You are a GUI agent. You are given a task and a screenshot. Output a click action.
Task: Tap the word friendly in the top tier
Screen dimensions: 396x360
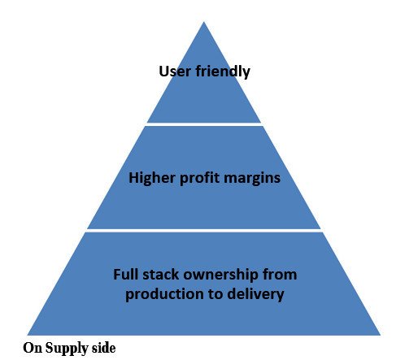click(223, 72)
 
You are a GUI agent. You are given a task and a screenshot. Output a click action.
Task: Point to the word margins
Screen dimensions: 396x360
click(252, 179)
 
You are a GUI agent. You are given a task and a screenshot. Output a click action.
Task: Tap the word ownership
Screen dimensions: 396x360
click(220, 275)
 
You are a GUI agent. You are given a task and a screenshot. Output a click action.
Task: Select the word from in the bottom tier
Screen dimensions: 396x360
click(280, 275)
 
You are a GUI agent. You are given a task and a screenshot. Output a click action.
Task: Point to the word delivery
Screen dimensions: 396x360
click(255, 295)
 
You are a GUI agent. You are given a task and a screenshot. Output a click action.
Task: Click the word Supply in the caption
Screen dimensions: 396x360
click(67, 349)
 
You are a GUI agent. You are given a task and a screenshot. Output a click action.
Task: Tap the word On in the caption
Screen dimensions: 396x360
click(33, 348)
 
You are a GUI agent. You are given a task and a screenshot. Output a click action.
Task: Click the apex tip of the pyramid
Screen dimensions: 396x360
click(204, 22)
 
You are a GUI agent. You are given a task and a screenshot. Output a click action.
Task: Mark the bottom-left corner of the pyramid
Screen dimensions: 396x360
click(28, 335)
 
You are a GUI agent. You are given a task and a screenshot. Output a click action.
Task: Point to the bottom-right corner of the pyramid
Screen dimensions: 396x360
click(381, 335)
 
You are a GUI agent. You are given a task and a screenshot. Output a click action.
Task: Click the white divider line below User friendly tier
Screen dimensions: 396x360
click(204, 124)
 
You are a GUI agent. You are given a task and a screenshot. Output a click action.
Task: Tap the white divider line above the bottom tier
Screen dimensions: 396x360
click(204, 231)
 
